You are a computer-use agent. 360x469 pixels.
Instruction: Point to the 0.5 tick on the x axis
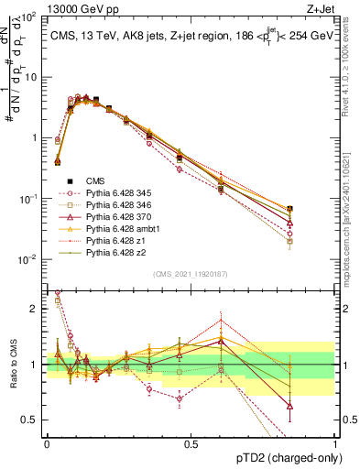[191, 442]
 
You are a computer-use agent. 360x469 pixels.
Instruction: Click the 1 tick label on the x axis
[335, 442]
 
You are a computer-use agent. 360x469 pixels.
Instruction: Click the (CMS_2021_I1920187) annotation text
[191, 275]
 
